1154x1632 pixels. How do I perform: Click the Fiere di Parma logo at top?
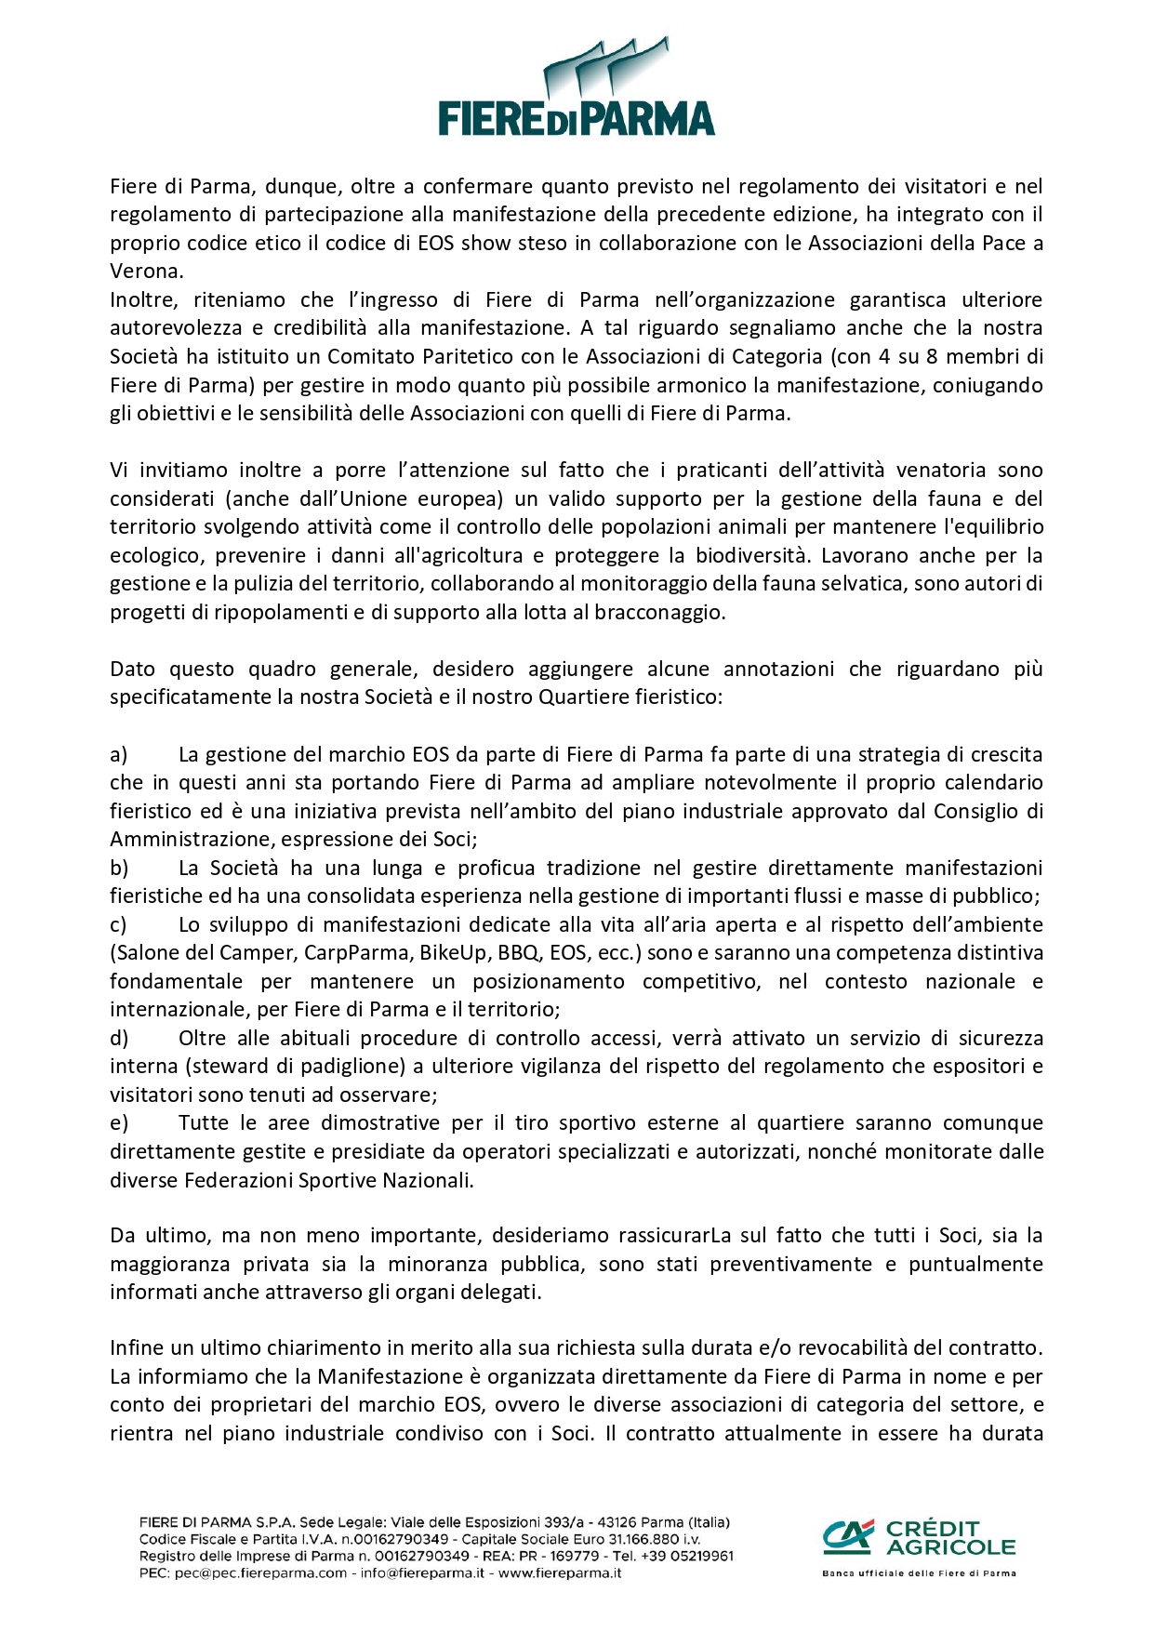[x=577, y=88]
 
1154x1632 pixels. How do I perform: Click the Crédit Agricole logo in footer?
[x=919, y=1537]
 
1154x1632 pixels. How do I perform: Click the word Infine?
[x=136, y=1347]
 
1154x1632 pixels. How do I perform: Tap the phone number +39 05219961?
[x=684, y=1556]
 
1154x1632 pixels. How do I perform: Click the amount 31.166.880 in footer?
[x=641, y=1539]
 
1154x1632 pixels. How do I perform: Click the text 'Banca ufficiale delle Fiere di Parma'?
[x=919, y=1573]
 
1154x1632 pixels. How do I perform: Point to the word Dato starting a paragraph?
[x=133, y=669]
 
